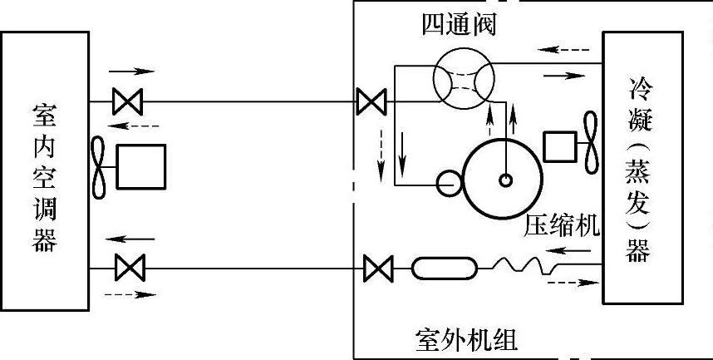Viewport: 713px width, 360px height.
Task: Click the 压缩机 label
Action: click(x=563, y=226)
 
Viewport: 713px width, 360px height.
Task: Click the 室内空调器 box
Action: click(x=45, y=170)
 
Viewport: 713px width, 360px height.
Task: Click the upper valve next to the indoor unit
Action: click(x=127, y=102)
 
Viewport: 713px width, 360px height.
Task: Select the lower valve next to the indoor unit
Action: click(x=127, y=268)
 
